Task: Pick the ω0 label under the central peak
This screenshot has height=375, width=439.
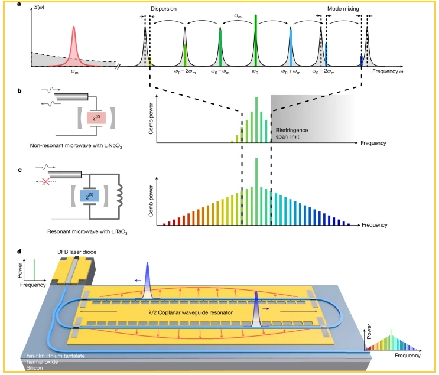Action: point(255,72)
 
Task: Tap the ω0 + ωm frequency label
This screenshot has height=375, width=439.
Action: point(291,72)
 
